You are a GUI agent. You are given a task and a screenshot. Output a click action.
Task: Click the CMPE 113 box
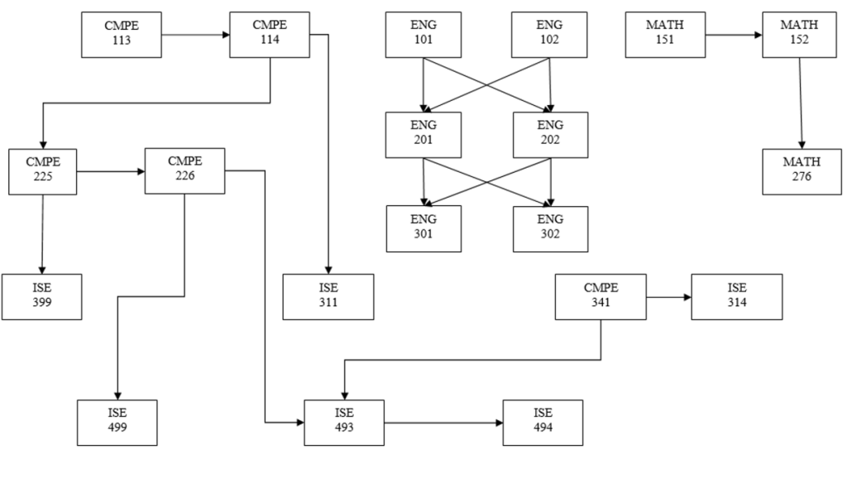tap(122, 35)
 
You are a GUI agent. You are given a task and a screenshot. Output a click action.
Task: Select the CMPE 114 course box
tap(270, 35)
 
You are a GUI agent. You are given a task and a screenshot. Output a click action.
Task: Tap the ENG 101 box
tap(423, 35)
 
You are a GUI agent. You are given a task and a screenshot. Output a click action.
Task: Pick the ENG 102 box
tap(550, 35)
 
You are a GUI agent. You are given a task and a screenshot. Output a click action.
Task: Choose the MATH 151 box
tap(665, 35)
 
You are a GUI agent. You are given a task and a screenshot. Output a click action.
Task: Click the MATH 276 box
tap(802, 171)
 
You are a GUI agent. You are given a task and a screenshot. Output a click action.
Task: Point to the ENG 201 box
tap(423, 135)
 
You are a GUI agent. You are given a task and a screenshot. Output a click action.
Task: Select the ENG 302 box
tap(550, 228)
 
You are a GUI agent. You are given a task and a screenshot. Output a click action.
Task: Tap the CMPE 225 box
tap(43, 171)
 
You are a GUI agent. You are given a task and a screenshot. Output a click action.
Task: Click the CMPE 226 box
tap(184, 171)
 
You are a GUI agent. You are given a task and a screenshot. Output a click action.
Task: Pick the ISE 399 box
tap(41, 296)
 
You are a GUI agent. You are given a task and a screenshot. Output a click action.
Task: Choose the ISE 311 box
tap(328, 296)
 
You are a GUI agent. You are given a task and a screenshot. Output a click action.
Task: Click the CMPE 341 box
tap(601, 296)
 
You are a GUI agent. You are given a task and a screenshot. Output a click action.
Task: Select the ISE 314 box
tap(737, 296)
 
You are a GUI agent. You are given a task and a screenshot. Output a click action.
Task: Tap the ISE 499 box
tap(117, 422)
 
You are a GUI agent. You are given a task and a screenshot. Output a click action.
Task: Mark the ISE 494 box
tap(543, 422)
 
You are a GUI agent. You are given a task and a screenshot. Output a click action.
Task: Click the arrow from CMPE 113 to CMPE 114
tap(195, 36)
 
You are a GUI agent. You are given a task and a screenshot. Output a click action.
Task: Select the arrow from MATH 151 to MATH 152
tap(733, 36)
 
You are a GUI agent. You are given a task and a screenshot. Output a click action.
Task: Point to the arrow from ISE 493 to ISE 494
tap(443, 423)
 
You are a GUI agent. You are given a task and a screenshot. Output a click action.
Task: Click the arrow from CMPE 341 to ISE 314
tap(669, 296)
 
